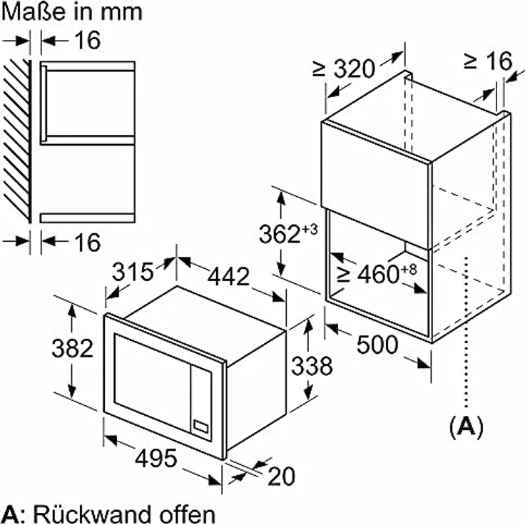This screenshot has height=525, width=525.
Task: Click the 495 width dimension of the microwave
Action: [156, 459]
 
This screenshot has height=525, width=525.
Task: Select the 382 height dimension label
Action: [72, 349]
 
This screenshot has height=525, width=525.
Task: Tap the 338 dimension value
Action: [312, 366]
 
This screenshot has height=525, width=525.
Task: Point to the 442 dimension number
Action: [229, 277]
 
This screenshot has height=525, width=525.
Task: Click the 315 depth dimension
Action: [133, 272]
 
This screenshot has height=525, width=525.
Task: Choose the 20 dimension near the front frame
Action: [282, 476]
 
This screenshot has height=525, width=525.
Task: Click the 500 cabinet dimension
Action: [377, 345]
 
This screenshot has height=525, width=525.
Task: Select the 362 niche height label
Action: [288, 233]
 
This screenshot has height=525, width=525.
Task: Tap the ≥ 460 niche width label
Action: [377, 273]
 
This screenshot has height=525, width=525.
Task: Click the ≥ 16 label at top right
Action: [488, 61]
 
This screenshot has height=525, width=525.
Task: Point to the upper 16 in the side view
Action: [88, 40]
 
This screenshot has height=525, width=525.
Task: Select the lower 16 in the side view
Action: [88, 243]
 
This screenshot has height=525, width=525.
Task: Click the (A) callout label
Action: [467, 427]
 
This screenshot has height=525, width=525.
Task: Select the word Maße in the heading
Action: [34, 11]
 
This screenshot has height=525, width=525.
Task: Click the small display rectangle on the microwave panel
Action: [201, 427]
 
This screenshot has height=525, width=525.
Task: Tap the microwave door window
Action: [153, 382]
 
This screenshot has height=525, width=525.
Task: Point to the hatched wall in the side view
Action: [16, 141]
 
